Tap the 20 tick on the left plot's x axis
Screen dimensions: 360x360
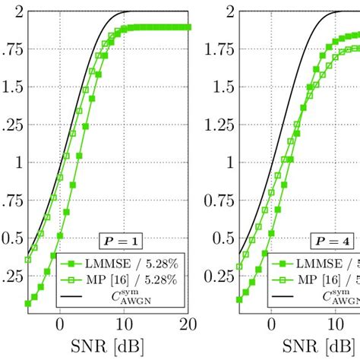point(188,324)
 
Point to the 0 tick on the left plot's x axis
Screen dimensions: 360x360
point(60,324)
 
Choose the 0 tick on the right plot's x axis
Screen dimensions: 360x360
point(271,324)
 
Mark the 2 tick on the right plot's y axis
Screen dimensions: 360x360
point(229,11)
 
